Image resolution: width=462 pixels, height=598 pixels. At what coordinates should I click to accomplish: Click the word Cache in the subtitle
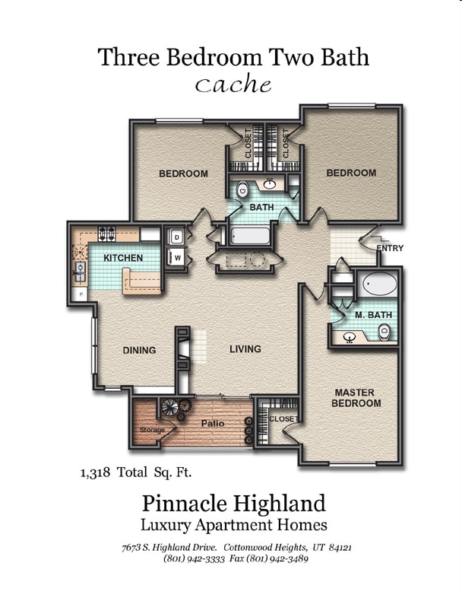[233, 84]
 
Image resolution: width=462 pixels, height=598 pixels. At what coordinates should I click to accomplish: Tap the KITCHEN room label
[123, 258]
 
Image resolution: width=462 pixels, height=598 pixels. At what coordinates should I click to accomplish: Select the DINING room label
[139, 351]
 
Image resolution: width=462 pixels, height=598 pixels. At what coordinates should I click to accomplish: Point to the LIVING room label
[245, 349]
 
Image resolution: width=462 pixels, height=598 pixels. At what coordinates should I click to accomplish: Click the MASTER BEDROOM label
[355, 398]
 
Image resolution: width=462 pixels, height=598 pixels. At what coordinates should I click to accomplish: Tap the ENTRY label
[390, 249]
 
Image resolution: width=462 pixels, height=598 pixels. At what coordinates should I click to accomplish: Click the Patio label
[211, 423]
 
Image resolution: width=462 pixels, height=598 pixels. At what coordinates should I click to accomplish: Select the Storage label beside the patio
[152, 431]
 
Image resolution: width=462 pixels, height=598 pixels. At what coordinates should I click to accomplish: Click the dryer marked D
[176, 237]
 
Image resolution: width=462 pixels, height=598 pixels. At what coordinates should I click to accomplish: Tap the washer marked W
[176, 258]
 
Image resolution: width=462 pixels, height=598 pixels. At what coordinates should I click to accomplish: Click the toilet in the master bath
[384, 332]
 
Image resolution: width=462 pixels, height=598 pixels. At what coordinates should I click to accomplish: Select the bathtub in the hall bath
[250, 236]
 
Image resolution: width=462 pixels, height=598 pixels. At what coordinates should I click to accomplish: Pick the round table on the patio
[170, 409]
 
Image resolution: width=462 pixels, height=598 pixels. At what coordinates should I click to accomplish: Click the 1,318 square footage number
[98, 472]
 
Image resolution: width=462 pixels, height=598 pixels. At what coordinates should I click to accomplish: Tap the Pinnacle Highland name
[233, 503]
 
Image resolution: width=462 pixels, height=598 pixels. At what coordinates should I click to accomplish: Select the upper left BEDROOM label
[183, 173]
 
